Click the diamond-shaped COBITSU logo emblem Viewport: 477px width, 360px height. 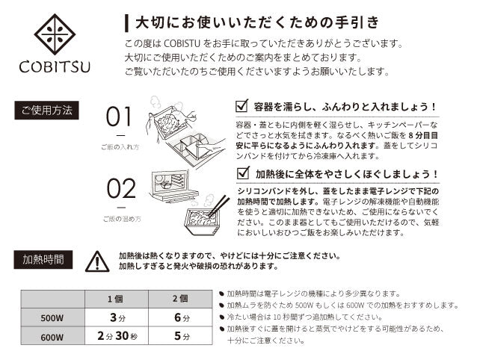(x=55, y=34)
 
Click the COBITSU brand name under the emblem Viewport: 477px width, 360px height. (x=55, y=67)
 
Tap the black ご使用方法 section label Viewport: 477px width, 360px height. (x=46, y=110)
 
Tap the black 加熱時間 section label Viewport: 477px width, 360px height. (x=43, y=259)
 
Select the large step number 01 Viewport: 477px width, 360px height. (x=119, y=117)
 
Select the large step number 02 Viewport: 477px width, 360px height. (x=121, y=188)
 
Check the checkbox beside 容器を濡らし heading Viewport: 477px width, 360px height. (x=241, y=106)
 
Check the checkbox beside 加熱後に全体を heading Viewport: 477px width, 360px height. (x=244, y=173)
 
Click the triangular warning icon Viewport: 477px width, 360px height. (x=97, y=261)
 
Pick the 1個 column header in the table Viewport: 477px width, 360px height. (x=117, y=300)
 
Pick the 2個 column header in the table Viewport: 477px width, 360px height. (x=180, y=300)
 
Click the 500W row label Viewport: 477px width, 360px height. (x=52, y=317)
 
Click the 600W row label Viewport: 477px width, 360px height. (x=52, y=336)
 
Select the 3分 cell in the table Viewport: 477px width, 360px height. (x=117, y=317)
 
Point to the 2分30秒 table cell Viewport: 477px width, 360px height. (x=117, y=336)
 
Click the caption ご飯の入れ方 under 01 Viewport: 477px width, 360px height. (x=120, y=147)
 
